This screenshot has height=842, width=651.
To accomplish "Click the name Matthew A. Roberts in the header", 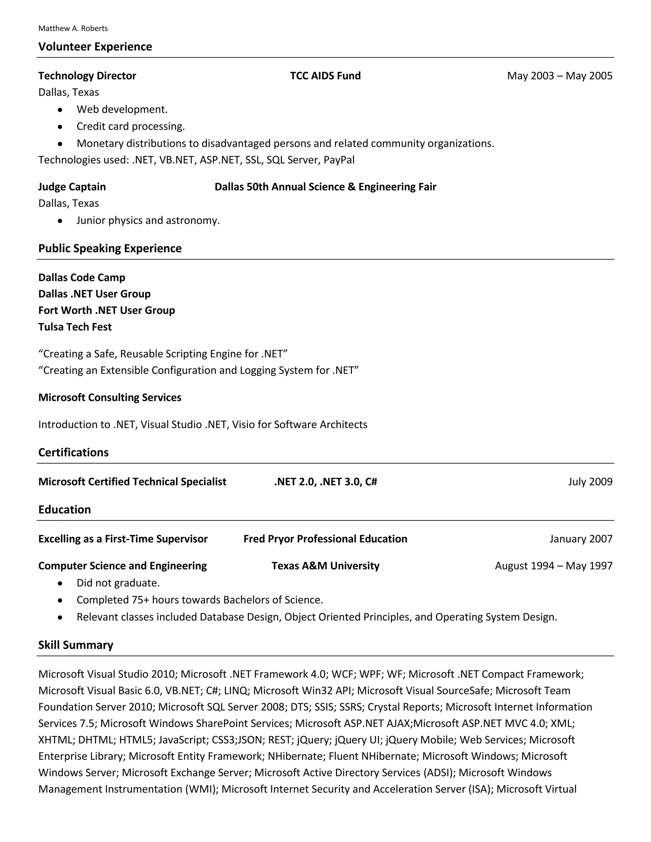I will coord(73,29).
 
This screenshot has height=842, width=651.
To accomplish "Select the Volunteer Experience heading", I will coord(95,47).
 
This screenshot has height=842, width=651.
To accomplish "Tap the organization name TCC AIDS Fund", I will coord(325,76).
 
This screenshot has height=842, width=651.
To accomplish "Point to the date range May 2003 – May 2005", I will coord(559,76).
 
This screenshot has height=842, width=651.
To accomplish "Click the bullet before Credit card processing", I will coord(60,127).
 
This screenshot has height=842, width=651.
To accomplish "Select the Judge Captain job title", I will coord(72,187).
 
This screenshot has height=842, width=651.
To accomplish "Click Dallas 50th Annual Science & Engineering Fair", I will coord(325,187).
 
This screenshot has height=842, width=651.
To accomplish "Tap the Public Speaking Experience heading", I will coord(110,248).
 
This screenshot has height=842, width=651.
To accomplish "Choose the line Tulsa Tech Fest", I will coord(75,327).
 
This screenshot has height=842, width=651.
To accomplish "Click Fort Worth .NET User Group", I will coord(106,310).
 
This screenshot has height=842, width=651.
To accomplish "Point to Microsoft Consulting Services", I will coord(110,397).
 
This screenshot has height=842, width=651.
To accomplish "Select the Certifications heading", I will coord(73,452).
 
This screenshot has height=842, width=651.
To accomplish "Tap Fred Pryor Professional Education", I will coord(325,539).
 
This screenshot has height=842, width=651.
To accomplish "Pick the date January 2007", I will coord(580,539).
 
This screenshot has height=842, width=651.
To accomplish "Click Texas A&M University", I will coord(325,566).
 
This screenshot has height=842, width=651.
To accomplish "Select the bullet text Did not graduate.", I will coord(118,583).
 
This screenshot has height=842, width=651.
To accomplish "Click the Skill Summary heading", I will coord(76,645).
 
